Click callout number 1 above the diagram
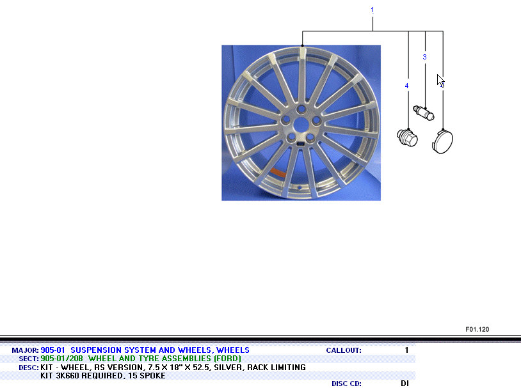coord(373,10)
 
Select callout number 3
coord(424,57)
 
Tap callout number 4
coord(406,86)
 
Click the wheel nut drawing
coord(407,137)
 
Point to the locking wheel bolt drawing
coord(424,113)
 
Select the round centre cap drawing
coord(442,142)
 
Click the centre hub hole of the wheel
coord(301,125)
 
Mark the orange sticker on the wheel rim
coord(278,173)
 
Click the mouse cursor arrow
coord(440,81)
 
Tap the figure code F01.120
coord(477,329)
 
